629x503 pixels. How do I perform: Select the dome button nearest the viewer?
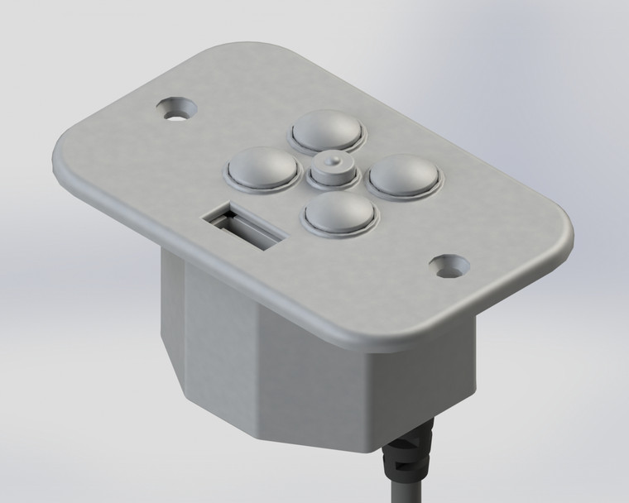click(340, 212)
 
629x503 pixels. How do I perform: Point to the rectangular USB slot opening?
click(244, 228)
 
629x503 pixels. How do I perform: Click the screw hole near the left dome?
click(175, 108)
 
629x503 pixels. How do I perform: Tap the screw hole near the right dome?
click(451, 266)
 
